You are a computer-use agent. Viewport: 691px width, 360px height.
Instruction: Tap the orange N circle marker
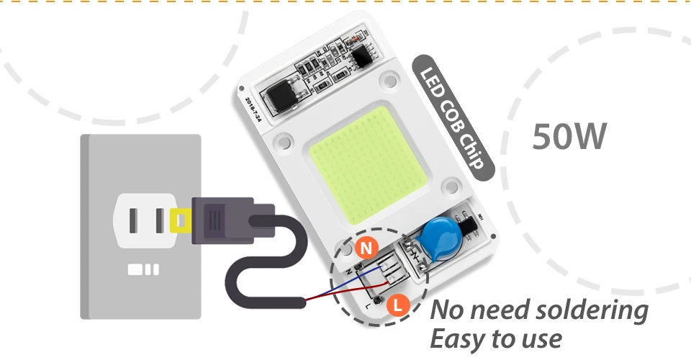367,248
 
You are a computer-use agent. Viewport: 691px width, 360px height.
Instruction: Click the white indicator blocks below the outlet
143,270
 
